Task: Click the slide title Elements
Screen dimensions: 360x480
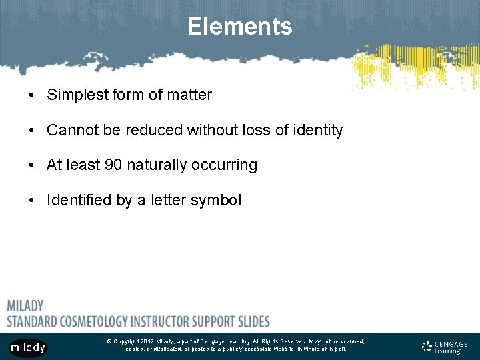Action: click(x=239, y=27)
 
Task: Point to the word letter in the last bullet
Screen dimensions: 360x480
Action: click(x=169, y=200)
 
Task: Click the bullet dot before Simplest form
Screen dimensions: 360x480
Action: click(x=32, y=95)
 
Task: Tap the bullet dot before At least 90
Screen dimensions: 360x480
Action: click(x=32, y=165)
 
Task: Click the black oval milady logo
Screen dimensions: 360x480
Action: click(x=28, y=347)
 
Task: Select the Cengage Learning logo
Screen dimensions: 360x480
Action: click(x=445, y=347)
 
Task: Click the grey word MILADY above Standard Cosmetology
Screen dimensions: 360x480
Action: click(x=25, y=306)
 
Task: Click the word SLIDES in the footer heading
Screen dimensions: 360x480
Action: click(x=250, y=321)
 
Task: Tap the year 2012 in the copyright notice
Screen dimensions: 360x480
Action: click(x=147, y=341)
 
